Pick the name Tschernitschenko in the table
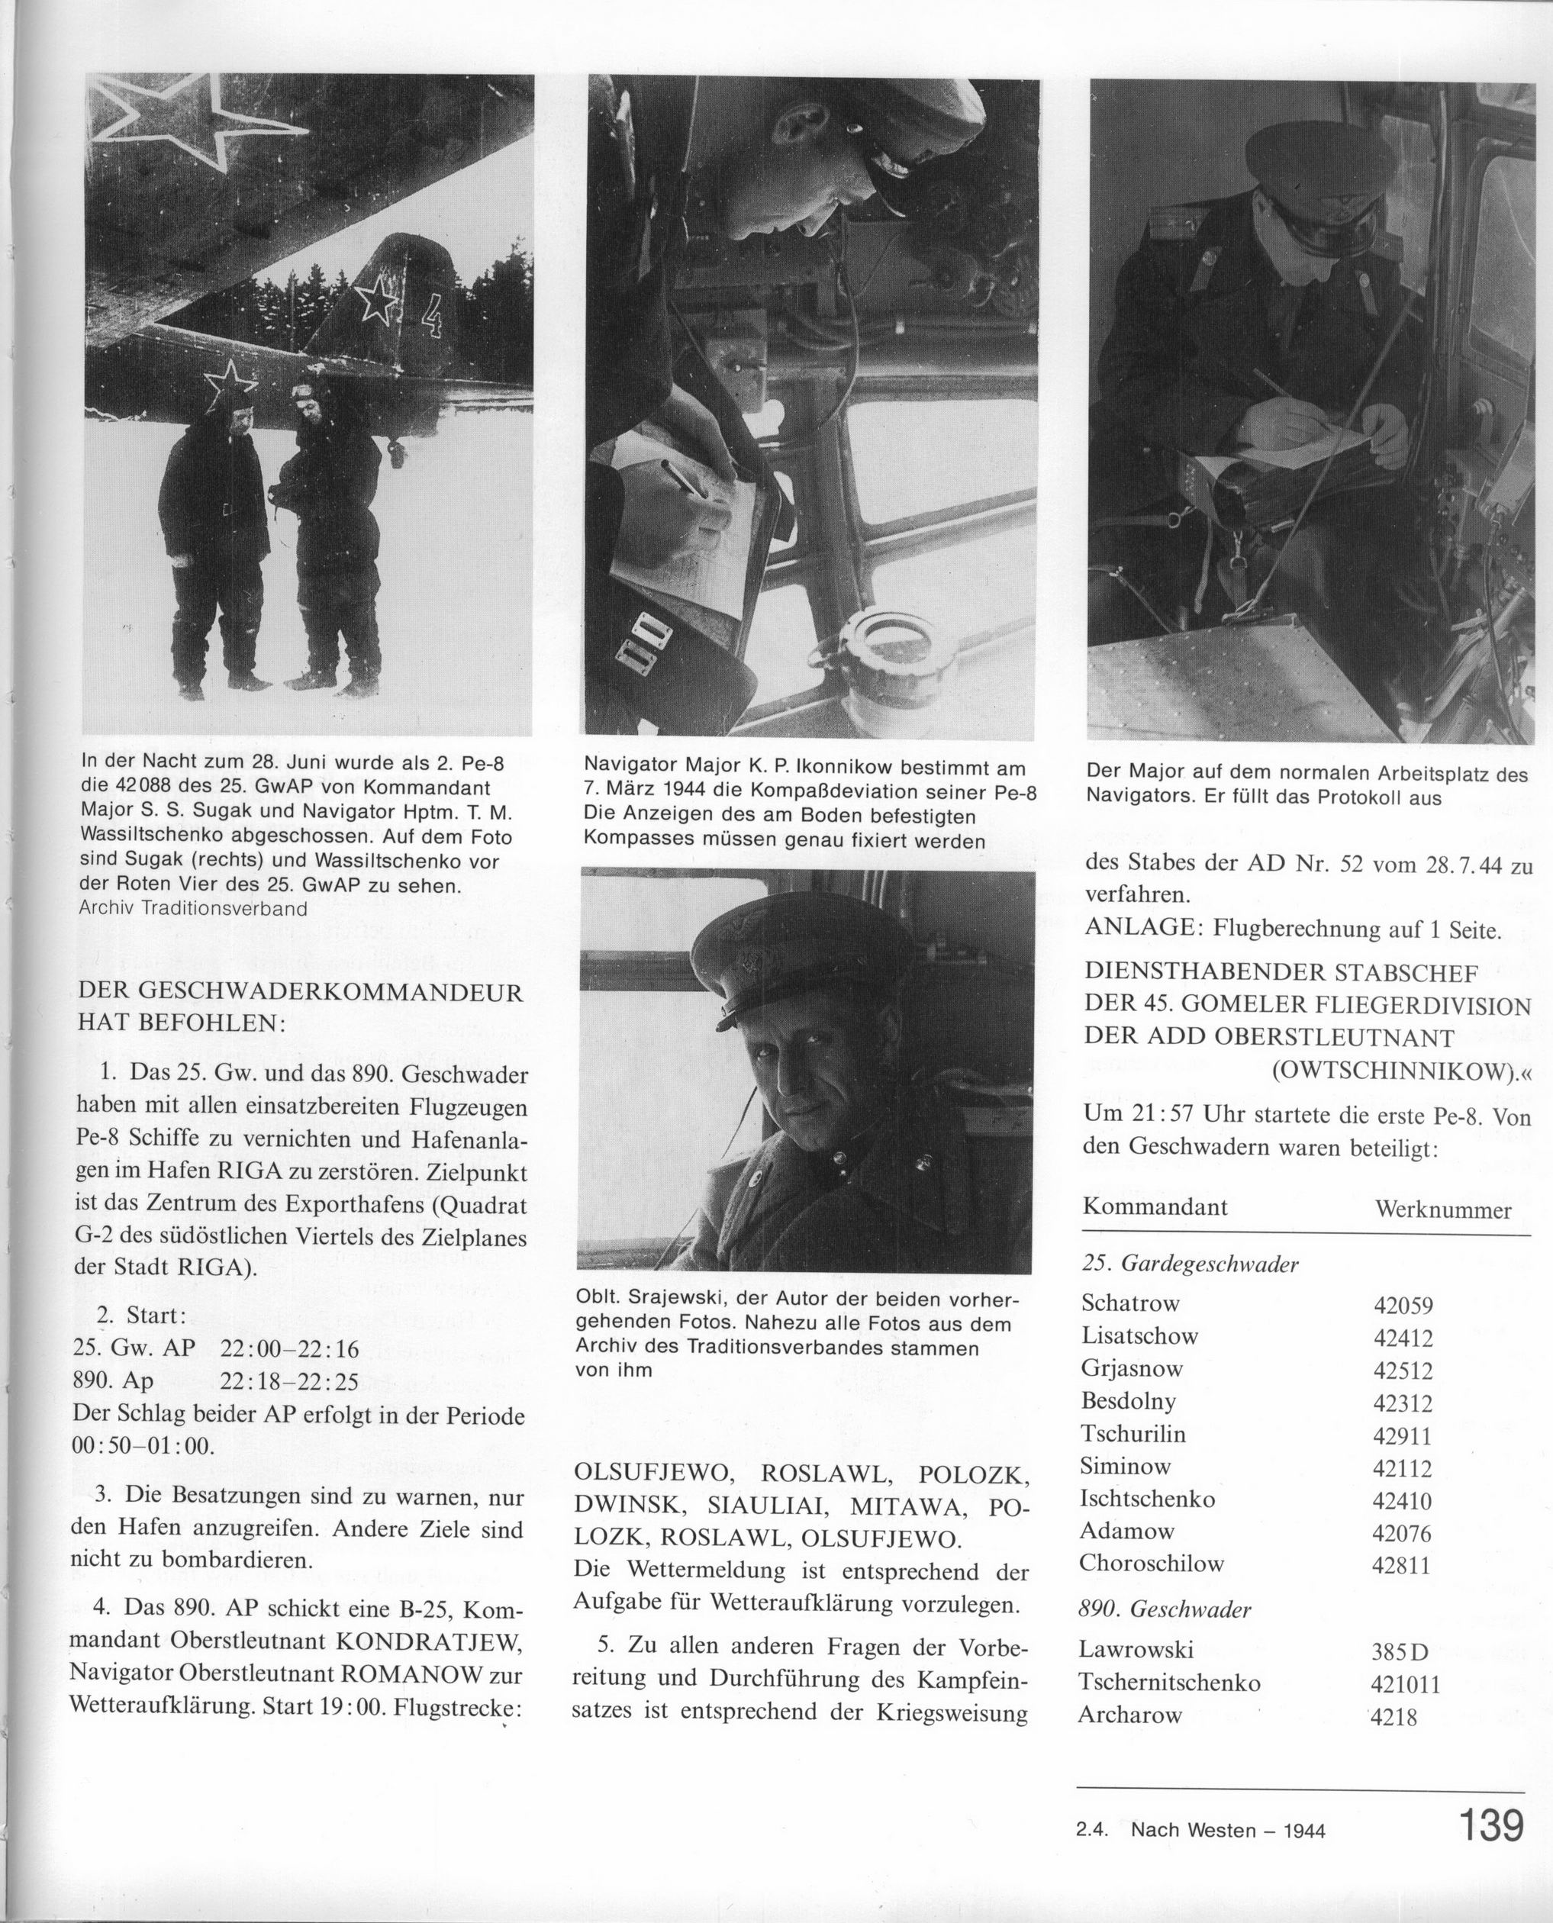pos(1169,1683)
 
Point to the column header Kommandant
pos(1155,1206)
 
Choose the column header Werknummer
pos(1442,1210)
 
